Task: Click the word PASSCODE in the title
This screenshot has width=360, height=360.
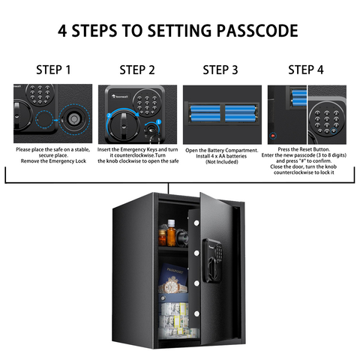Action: [257, 31]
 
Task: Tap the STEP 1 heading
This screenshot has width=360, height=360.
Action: [53, 70]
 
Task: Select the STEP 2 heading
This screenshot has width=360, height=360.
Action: [137, 70]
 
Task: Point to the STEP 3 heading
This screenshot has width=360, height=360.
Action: [220, 70]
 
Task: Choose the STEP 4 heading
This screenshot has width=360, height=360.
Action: [306, 70]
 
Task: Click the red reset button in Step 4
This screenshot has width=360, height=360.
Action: [273, 136]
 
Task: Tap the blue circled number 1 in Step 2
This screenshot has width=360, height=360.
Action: [158, 121]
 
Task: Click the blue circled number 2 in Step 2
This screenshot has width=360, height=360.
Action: [109, 115]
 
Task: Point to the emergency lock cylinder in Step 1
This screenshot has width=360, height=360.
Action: [73, 119]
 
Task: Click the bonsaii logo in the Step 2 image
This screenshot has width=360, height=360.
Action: [120, 96]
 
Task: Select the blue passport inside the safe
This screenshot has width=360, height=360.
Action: [173, 277]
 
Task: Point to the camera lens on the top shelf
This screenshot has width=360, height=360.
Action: [181, 237]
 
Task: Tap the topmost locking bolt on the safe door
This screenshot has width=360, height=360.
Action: [196, 223]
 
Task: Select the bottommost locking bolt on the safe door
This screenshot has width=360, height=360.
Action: [196, 313]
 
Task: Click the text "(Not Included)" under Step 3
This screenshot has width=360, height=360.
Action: [222, 162]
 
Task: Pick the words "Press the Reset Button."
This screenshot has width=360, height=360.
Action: [304, 149]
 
